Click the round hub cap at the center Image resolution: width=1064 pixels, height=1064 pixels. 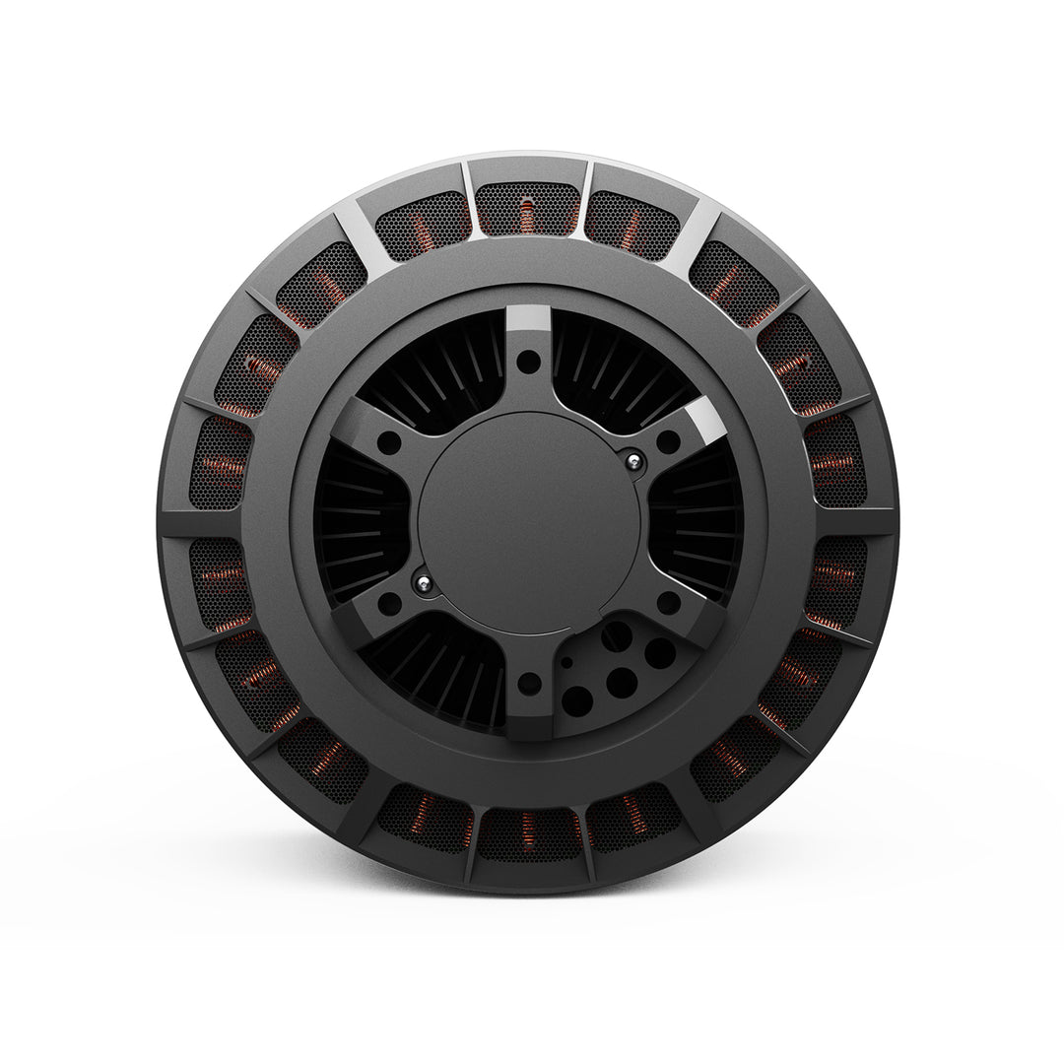(529, 522)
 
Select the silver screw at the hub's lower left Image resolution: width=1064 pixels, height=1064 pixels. (424, 584)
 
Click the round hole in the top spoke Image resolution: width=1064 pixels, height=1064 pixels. (529, 362)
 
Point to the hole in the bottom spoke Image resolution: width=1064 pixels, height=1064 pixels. (529, 680)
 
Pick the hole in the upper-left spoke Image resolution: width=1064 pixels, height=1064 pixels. (390, 442)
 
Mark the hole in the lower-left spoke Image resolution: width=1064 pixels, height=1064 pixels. (390, 603)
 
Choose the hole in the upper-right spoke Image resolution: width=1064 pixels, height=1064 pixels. (669, 442)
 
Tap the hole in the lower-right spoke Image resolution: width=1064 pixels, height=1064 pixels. (669, 602)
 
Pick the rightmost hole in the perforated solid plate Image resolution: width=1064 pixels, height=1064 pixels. (660, 653)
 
